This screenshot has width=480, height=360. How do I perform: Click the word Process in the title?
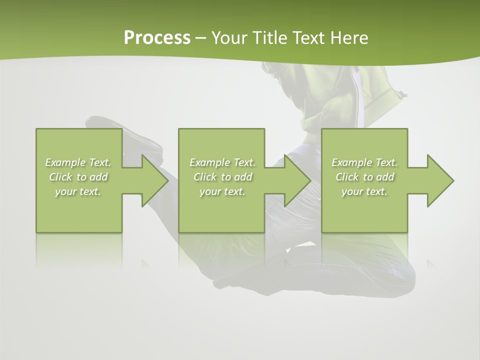(157, 38)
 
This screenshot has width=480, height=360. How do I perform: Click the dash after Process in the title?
(201, 38)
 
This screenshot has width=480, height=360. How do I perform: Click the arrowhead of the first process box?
(153, 180)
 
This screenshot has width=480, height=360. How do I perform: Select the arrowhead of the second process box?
(296, 180)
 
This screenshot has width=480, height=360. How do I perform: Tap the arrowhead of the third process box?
(438, 180)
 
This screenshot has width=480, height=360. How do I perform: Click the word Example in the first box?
(65, 162)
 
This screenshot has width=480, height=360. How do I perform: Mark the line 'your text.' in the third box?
(364, 191)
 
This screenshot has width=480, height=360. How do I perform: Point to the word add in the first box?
(98, 177)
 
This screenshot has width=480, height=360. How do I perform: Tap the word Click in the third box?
(346, 177)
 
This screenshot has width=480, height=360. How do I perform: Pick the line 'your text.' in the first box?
(78, 191)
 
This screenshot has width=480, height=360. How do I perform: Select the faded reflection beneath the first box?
(79, 250)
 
